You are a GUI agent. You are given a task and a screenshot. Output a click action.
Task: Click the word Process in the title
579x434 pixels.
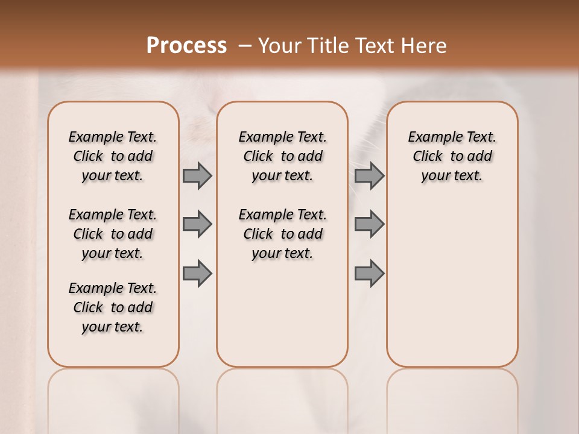[186, 45]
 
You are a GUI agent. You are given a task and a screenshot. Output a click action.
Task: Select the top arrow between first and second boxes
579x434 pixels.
[197, 175]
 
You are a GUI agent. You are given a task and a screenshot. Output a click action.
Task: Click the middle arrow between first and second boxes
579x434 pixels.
[197, 224]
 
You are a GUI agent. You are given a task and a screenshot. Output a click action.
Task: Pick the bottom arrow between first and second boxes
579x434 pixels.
[197, 273]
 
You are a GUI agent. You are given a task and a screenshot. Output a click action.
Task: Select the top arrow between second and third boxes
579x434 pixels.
[369, 175]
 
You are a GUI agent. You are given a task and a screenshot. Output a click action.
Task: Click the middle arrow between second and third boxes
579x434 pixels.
[369, 224]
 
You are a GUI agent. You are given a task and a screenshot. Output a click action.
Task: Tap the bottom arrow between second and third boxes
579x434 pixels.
[369, 273]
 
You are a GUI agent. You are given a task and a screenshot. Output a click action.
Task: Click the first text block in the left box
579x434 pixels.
[113, 156]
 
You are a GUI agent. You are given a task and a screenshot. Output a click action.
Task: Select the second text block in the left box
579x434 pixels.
[113, 234]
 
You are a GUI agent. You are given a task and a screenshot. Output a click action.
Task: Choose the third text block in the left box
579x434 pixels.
[113, 307]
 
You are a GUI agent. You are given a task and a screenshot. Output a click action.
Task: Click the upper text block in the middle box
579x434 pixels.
[282, 156]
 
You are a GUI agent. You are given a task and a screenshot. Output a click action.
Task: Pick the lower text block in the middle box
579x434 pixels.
[282, 234]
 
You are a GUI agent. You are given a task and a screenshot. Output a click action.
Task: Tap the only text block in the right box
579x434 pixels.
[452, 156]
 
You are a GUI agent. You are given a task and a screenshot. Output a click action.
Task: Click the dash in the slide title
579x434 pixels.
[245, 45]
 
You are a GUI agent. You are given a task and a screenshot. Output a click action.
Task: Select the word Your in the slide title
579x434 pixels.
[280, 45]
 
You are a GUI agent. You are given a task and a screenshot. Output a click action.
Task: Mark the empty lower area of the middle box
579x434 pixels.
[282, 319]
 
